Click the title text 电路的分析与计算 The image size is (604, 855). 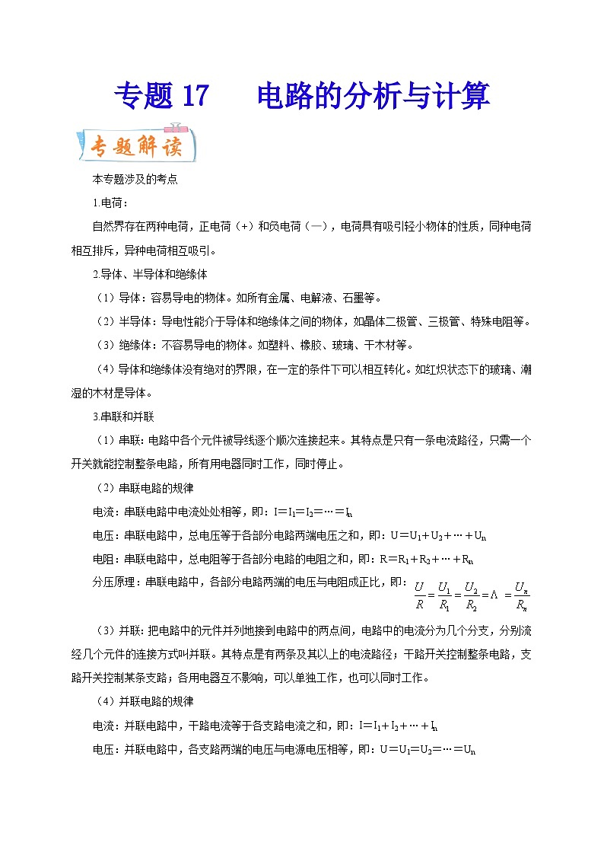coord(373,97)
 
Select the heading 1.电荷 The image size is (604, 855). coord(110,203)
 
